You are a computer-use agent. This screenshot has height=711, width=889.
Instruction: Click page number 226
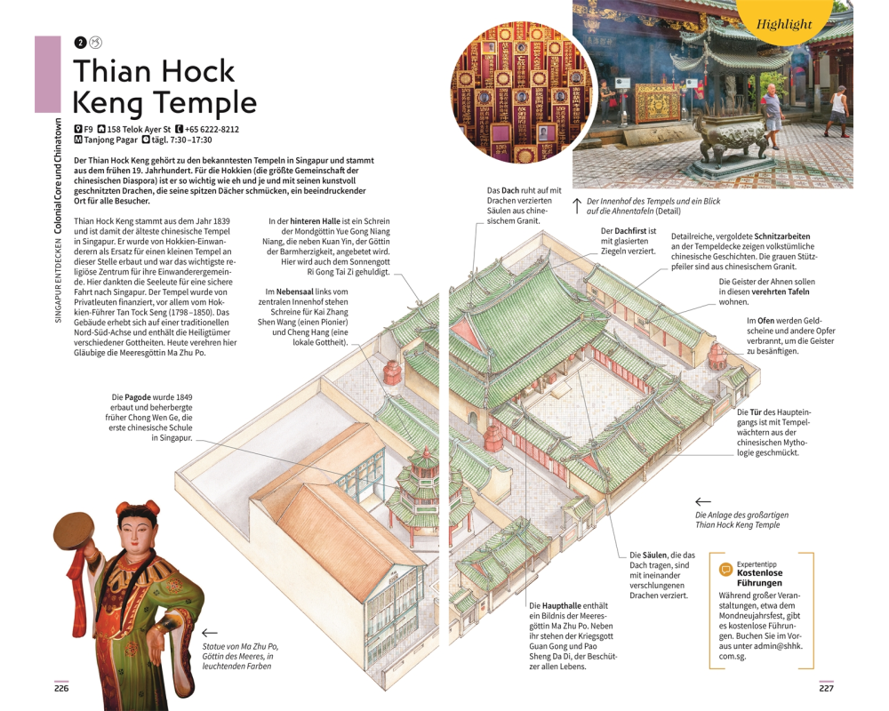point(61,688)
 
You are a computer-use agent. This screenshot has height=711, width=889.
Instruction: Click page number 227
point(826,688)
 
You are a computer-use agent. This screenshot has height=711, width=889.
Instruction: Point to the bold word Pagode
point(139,397)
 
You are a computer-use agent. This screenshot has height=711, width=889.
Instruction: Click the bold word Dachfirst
point(630,231)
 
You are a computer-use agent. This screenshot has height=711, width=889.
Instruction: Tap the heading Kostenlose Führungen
point(760,578)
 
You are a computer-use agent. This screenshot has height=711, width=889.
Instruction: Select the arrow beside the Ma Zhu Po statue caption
point(210,633)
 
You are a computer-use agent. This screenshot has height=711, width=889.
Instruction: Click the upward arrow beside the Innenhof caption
point(577,206)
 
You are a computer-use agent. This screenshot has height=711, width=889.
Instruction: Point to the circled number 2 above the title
point(81,43)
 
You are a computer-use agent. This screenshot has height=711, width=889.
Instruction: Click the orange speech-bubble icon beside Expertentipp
point(725,570)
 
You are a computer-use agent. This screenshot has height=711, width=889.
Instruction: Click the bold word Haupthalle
point(561,605)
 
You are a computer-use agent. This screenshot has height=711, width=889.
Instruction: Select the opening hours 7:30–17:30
point(189,140)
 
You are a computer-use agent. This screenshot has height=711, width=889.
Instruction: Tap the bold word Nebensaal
point(295,292)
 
